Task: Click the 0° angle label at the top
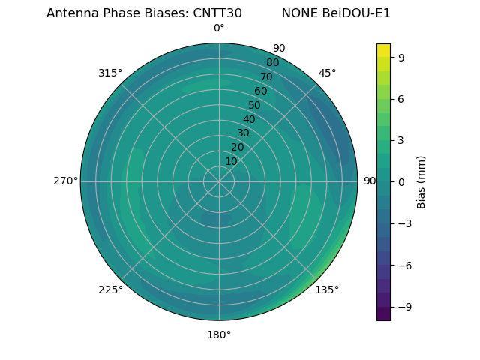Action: tap(219, 28)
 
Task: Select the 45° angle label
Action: tap(327, 73)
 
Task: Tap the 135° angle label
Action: tap(327, 289)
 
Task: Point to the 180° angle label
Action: tap(219, 334)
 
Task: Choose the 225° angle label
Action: tap(110, 289)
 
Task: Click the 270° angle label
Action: tap(65, 181)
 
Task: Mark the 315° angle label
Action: tap(110, 73)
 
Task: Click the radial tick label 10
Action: tap(231, 161)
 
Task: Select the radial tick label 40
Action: tap(249, 120)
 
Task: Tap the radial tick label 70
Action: tap(266, 76)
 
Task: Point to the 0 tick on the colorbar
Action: tap(402, 181)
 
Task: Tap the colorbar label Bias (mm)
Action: tap(421, 181)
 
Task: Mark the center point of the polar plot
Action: tap(219, 181)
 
